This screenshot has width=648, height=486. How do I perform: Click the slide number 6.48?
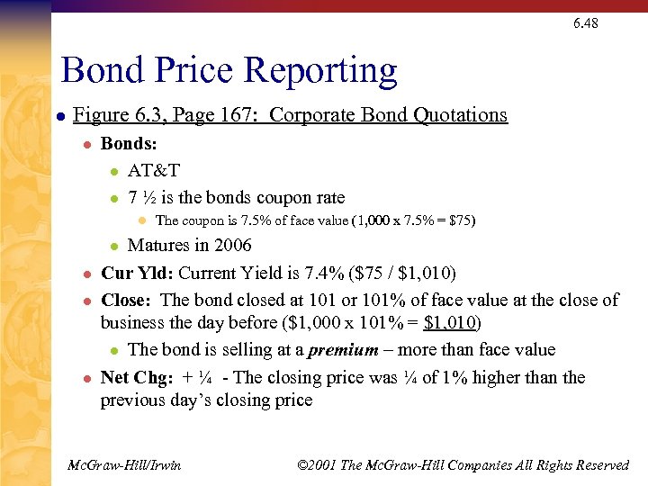pos(585,23)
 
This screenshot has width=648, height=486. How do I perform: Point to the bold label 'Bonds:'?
pos(129,143)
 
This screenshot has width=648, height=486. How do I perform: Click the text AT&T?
pos(154,170)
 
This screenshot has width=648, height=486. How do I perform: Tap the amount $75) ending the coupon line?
pos(461,220)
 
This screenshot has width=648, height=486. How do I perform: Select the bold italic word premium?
pos(340,349)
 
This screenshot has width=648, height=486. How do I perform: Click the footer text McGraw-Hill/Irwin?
pos(124,465)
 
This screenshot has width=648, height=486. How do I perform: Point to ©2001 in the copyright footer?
pos(317,465)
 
